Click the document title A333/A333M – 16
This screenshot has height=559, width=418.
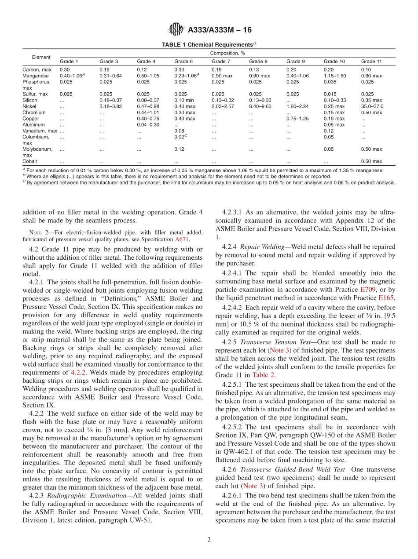click(219, 30)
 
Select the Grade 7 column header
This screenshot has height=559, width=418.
click(220, 62)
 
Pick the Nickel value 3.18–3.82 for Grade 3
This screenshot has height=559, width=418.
click(110, 106)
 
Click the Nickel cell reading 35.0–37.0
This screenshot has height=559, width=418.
click(372, 106)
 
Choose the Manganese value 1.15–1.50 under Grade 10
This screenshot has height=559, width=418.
click(335, 76)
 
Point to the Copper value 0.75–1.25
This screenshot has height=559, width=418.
click(297, 119)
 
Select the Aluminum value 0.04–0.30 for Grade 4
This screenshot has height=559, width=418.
click(148, 125)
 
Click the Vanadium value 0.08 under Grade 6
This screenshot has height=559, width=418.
click(179, 131)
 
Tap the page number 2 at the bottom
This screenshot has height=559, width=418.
click(209, 540)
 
